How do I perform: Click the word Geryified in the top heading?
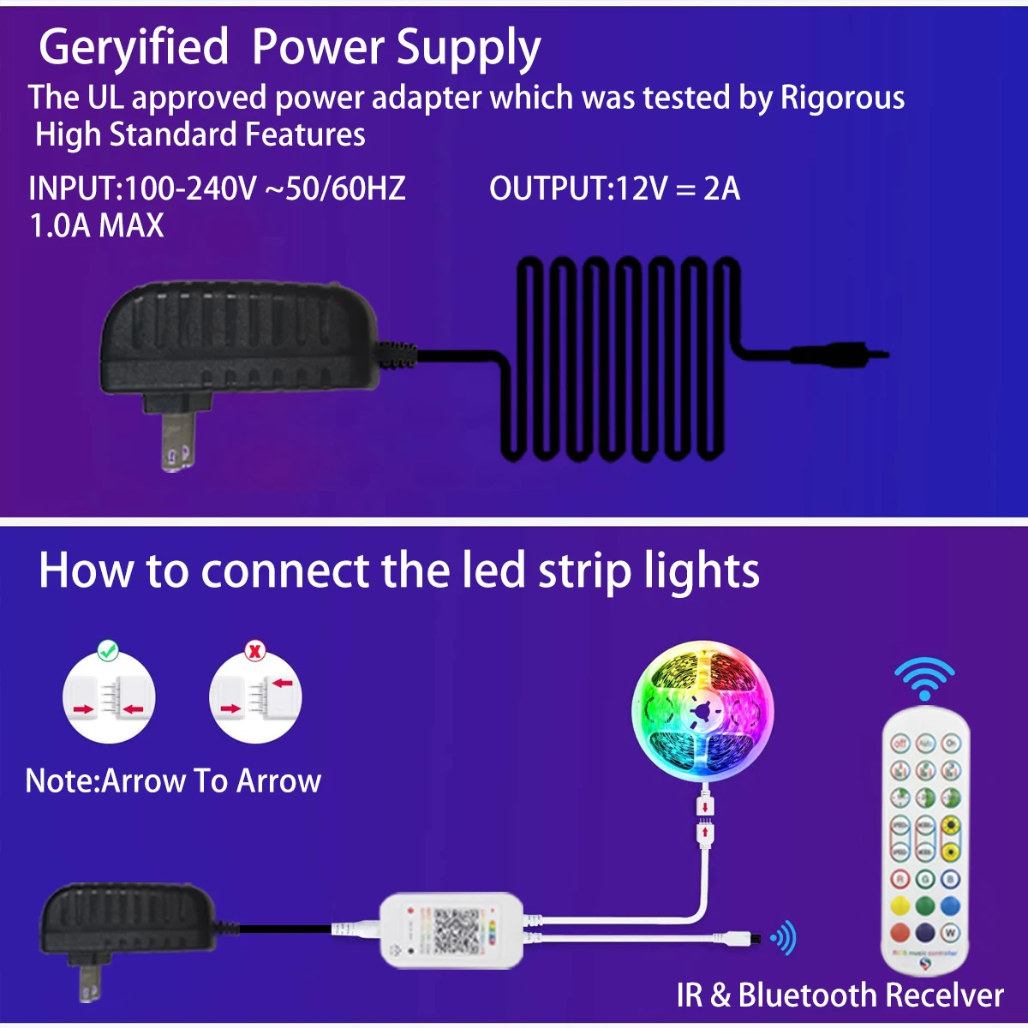(x=134, y=48)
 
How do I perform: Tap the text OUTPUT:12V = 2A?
(x=614, y=188)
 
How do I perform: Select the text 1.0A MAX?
(x=96, y=226)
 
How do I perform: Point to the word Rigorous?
(x=842, y=98)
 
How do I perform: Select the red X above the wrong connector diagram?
(x=255, y=650)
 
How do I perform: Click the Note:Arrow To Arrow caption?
(x=173, y=780)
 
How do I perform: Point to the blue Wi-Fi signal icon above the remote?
(x=924, y=678)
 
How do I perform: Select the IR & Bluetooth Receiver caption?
(x=840, y=995)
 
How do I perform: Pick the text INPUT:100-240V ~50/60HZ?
(x=217, y=188)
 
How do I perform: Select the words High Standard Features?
(x=200, y=135)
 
